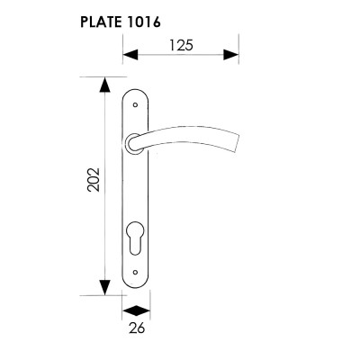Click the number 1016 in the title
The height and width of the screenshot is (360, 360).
point(141,22)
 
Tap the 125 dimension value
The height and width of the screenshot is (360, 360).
point(181,46)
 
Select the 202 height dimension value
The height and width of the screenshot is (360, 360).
point(94,179)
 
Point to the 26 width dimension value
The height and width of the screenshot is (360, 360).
point(137,328)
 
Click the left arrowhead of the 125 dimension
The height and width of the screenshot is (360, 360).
point(130,55)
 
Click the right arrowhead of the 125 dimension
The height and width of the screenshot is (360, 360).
point(231,55)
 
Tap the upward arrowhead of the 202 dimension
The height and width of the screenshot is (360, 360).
point(104,85)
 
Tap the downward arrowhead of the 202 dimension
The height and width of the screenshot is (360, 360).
point(104,287)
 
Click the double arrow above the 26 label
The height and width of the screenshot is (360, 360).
point(137,310)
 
